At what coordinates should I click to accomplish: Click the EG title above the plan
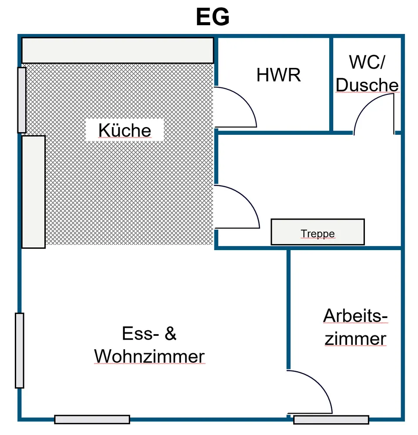point(213,18)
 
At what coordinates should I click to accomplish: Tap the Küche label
point(124,130)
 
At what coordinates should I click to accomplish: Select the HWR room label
point(278,75)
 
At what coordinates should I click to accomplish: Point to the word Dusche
point(367,85)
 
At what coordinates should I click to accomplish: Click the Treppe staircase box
point(318,232)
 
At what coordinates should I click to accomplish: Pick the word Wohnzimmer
point(149,357)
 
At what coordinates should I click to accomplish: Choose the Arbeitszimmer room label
point(355,327)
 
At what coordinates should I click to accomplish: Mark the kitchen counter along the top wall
point(117,50)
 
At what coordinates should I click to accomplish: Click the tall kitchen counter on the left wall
point(33,192)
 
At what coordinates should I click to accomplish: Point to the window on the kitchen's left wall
point(22,100)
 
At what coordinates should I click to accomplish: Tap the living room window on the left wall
point(20,350)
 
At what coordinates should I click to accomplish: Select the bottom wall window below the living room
point(92,419)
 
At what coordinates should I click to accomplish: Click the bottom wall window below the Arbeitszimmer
point(331,420)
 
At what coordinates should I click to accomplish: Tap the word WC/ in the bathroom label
point(367,63)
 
